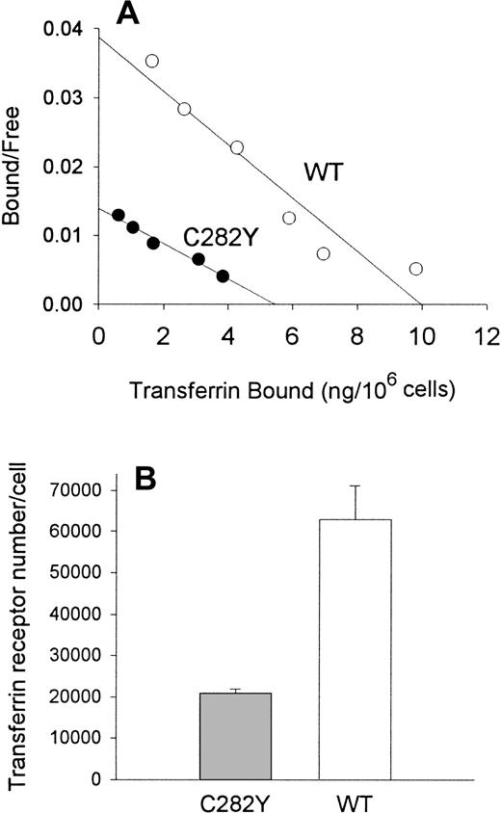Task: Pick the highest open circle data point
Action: coord(151,61)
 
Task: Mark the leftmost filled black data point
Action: coord(118,215)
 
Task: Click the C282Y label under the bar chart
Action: coord(236,800)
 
